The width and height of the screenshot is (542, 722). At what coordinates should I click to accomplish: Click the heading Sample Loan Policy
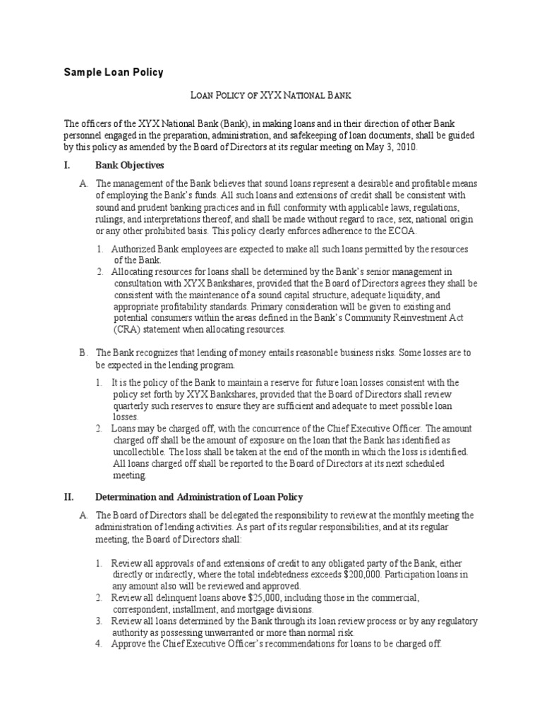[114, 72]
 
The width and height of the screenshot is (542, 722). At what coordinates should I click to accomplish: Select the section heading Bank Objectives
[129, 165]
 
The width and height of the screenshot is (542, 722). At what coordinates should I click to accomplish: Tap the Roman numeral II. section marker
[68, 496]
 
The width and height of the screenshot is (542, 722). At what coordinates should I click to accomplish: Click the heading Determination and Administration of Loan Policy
[199, 496]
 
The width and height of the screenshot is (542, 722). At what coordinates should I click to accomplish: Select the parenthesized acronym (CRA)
[128, 329]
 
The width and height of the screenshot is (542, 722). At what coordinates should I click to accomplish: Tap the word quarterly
[133, 406]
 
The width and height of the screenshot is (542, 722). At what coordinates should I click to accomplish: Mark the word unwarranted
[235, 632]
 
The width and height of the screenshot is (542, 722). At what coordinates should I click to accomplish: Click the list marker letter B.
[83, 352]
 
